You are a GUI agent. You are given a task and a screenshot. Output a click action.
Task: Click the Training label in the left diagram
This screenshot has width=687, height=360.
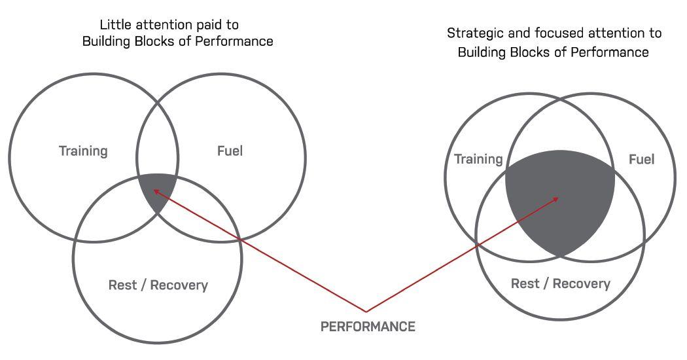[x=83, y=151]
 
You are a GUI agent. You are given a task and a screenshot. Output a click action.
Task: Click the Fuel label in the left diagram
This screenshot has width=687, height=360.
[x=230, y=151]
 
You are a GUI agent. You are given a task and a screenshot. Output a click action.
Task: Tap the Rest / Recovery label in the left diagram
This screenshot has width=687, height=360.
[x=158, y=285]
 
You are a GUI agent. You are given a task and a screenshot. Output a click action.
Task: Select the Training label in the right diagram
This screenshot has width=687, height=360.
[x=478, y=159]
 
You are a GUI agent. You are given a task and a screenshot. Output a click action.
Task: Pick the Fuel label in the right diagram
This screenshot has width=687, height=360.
[x=641, y=159]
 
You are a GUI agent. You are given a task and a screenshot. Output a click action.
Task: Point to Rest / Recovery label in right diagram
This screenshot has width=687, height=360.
[x=560, y=283]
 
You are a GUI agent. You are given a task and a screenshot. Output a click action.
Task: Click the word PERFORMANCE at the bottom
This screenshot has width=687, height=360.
[x=368, y=327]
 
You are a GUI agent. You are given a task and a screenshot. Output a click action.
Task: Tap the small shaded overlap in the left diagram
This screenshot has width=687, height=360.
[x=158, y=191]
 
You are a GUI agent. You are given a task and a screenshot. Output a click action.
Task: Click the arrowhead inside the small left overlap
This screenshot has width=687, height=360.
[x=156, y=191]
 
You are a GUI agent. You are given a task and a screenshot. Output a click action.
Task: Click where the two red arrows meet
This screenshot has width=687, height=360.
[x=366, y=311]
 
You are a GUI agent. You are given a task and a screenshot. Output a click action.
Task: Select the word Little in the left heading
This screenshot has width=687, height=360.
[x=115, y=25]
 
